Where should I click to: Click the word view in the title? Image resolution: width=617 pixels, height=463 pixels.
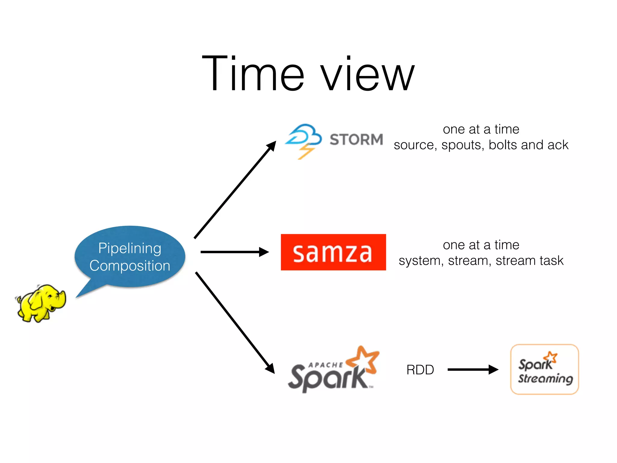[x=367, y=75]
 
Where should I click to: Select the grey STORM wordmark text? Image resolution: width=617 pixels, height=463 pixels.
[x=356, y=140]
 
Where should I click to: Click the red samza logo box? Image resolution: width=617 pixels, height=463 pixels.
[x=333, y=252]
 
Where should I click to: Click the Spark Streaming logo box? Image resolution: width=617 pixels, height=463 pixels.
[x=544, y=369]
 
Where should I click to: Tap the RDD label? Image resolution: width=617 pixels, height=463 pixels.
[x=420, y=370]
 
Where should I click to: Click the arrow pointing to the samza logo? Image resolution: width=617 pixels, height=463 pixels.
[x=234, y=252]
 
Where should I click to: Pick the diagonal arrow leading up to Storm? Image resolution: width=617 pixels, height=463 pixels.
[x=235, y=190]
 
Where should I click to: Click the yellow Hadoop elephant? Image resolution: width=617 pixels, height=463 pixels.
[x=41, y=303]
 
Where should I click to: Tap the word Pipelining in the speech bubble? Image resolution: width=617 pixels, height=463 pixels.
[x=130, y=248]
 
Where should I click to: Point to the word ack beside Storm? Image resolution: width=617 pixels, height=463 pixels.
[x=558, y=145]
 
